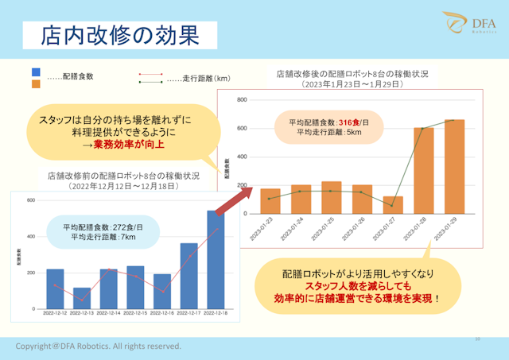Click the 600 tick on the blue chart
point(31,200)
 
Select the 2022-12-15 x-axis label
point(134,315)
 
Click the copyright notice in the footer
point(99,346)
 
